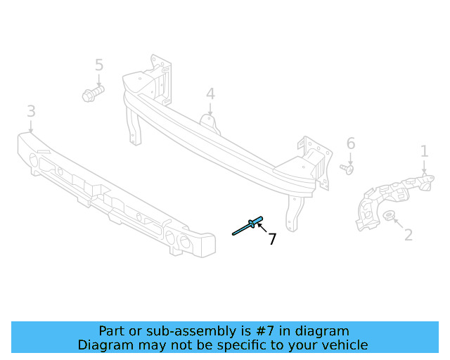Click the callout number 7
(272, 239)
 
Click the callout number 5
(99, 65)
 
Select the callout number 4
(210, 94)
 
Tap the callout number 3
(31, 111)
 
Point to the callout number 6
(351, 144)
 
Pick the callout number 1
(425, 150)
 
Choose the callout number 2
(409, 235)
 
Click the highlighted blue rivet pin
(247, 226)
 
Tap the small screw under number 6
(347, 168)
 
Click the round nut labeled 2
(390, 216)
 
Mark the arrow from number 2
(398, 224)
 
